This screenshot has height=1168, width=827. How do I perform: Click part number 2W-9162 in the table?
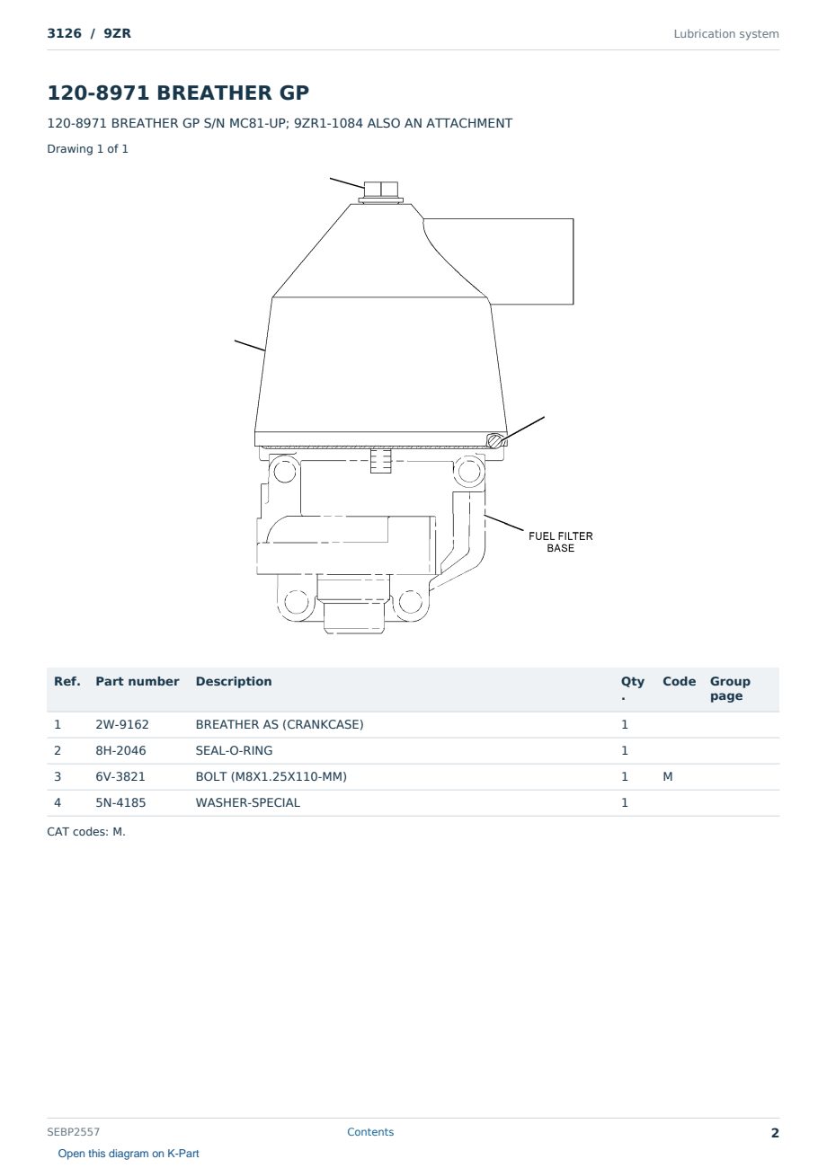[x=122, y=724]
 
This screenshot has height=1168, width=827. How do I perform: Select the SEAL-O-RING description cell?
[x=234, y=750]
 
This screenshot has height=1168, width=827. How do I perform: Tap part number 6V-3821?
[x=120, y=776]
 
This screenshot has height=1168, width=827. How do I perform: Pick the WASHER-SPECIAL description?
[x=248, y=802]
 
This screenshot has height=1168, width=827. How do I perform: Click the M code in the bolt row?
[x=667, y=776]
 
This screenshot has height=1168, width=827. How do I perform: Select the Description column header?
[x=233, y=681]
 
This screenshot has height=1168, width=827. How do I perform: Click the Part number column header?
[x=138, y=681]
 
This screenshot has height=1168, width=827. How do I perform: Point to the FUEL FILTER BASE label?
[x=560, y=542]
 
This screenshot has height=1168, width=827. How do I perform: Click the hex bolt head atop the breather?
[x=381, y=189]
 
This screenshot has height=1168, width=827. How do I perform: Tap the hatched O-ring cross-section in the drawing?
[x=495, y=440]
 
